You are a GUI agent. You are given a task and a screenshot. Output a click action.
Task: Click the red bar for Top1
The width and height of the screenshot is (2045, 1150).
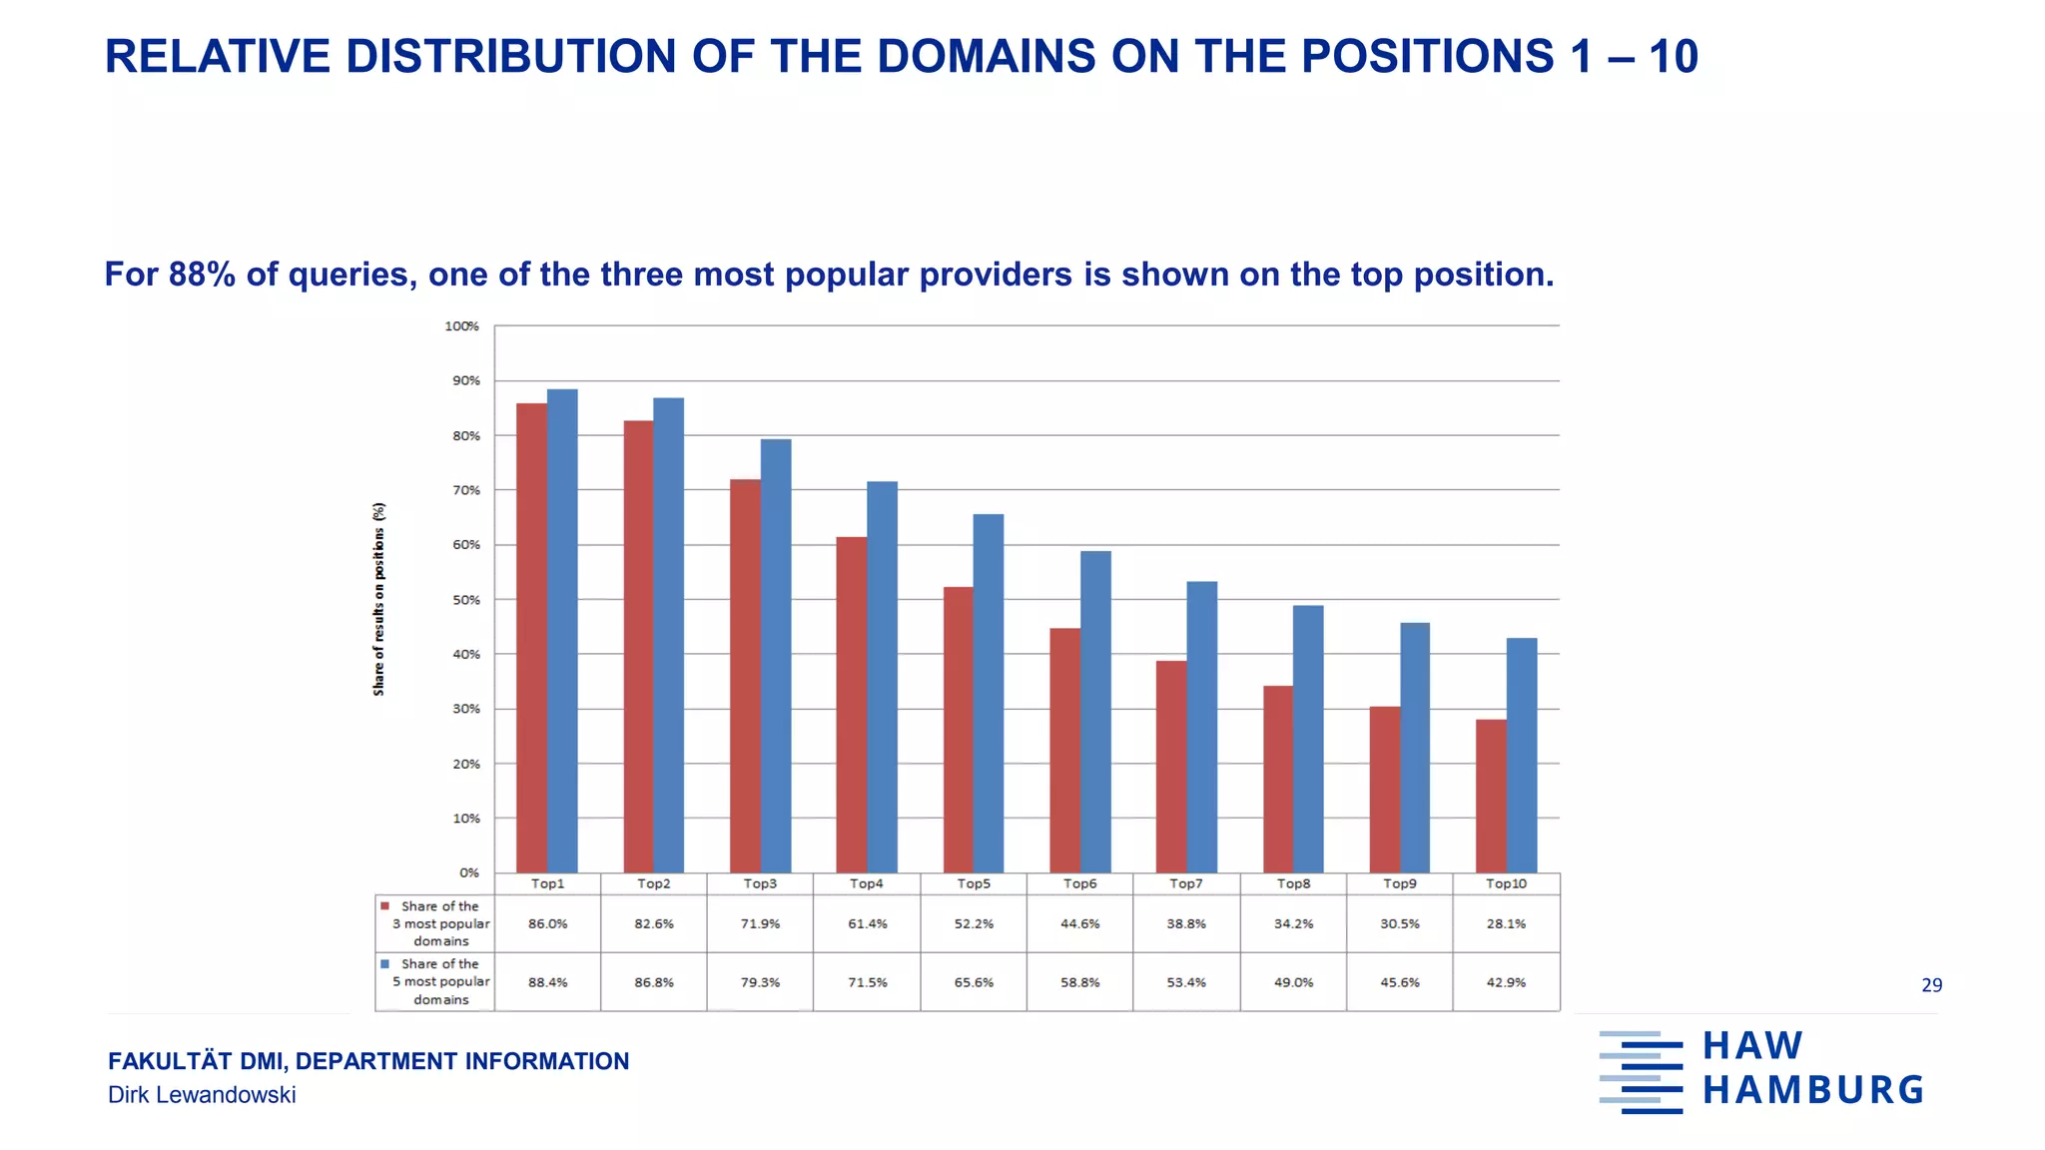coord(531,639)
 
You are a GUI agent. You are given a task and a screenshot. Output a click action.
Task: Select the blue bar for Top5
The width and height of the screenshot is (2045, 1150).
coord(989,694)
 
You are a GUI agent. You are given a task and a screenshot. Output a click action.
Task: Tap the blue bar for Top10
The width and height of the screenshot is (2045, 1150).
coord(1522,756)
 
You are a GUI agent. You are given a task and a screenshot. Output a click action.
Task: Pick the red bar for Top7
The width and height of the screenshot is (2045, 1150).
coord(1171,767)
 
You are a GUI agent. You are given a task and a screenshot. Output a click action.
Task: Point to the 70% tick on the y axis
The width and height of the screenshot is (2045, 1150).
coord(466,490)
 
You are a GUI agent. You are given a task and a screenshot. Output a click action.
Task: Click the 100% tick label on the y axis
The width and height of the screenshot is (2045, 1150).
coord(462,326)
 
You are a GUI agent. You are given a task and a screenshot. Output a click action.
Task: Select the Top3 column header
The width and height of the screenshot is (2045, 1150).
coord(760,883)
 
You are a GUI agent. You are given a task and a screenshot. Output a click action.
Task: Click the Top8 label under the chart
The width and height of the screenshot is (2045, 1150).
coord(1293,883)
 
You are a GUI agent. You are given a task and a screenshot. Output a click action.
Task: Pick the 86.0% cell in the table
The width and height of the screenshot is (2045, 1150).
coord(547,923)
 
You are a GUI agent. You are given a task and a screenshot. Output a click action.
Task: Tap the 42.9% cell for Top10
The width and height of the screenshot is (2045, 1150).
coord(1506,982)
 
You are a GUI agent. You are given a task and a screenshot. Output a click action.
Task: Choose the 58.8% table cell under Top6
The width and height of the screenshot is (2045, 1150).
coord(1079,982)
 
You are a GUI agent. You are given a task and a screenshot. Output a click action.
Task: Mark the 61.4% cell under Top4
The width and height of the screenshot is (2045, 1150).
coord(867,923)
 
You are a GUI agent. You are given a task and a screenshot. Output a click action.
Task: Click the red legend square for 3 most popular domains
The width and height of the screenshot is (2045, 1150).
coord(384,906)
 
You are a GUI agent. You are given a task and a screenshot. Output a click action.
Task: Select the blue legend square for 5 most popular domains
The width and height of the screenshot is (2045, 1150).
coord(384,964)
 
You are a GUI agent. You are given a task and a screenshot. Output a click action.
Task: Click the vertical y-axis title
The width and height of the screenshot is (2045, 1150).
coord(378,599)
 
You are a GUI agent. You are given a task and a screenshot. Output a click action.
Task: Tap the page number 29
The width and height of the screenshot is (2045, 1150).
coord(1931,985)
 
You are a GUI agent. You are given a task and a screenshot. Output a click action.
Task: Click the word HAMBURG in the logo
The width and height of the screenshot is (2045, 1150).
coord(1812,1090)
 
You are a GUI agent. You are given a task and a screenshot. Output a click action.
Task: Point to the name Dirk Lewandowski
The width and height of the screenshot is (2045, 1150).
coord(202,1095)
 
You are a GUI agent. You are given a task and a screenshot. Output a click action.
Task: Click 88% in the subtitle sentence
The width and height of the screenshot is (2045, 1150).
coord(202,275)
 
